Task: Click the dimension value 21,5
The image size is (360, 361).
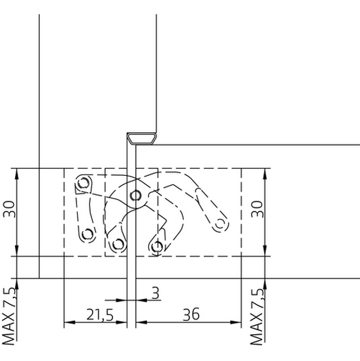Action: (x=100, y=315)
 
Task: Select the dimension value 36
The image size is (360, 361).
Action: (x=191, y=315)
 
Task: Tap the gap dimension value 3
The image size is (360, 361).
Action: (x=155, y=293)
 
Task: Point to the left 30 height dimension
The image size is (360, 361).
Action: (x=9, y=209)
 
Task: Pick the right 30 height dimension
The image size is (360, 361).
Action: (x=257, y=209)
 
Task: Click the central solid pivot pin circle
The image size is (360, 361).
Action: (x=135, y=196)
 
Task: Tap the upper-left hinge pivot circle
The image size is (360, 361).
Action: (x=83, y=183)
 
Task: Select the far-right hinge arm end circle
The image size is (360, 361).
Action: (x=220, y=224)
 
